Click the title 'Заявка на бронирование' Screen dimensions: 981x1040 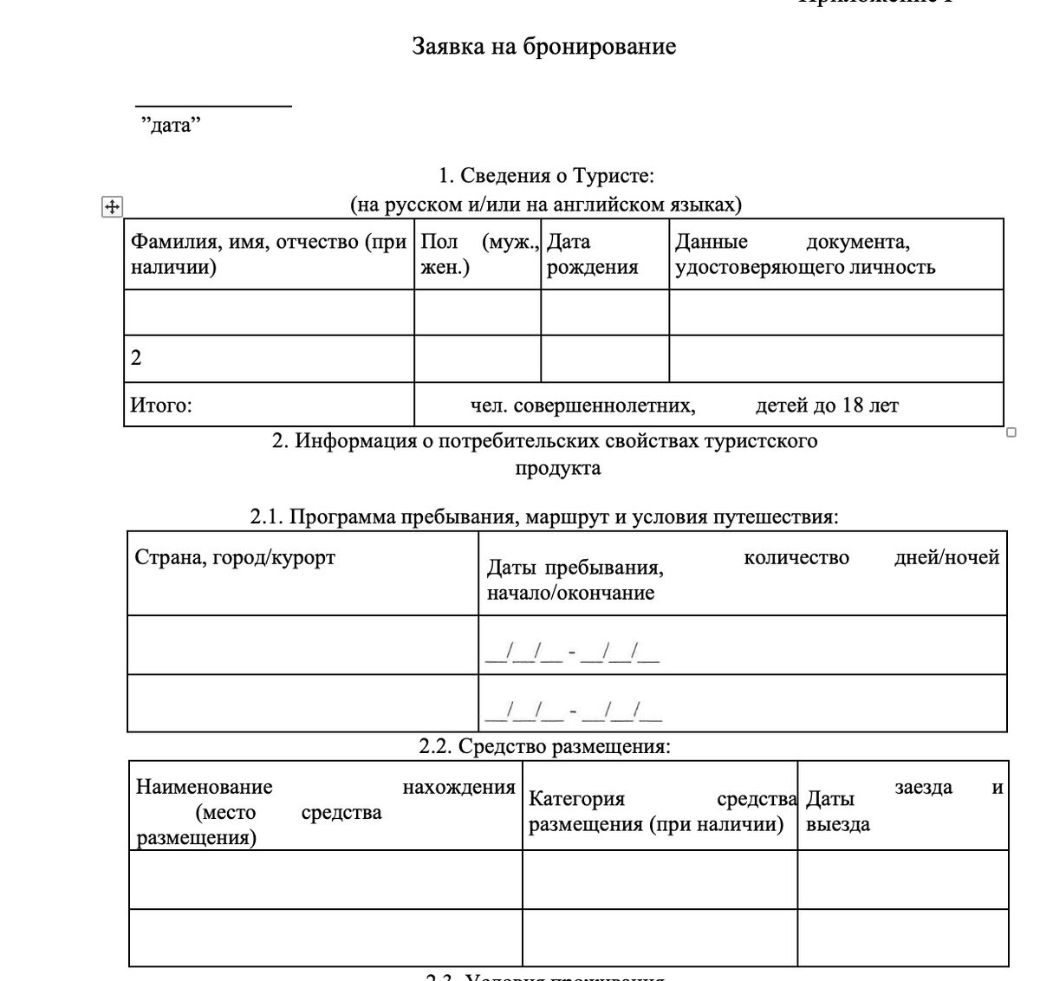coord(543,47)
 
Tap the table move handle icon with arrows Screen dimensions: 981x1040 coord(112,207)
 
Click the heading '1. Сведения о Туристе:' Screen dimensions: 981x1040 coord(546,176)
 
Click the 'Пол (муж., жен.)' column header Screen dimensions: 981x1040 coord(478,254)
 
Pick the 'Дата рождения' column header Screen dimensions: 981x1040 coord(593,254)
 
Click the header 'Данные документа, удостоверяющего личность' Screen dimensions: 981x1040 coord(804,254)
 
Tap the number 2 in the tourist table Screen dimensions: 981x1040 coord(136,358)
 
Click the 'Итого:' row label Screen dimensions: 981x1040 coord(161,405)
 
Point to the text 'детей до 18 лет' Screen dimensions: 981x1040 coord(827,405)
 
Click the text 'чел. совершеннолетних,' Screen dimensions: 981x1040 coord(582,405)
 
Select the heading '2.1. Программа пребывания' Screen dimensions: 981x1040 coord(543,517)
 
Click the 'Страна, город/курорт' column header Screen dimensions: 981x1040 coord(235,557)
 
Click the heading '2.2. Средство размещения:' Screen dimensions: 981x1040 coord(543,746)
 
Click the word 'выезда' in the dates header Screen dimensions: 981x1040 coord(837,824)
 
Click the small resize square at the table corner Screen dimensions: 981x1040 coord(1011,432)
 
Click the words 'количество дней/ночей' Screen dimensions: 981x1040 coord(871,557)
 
